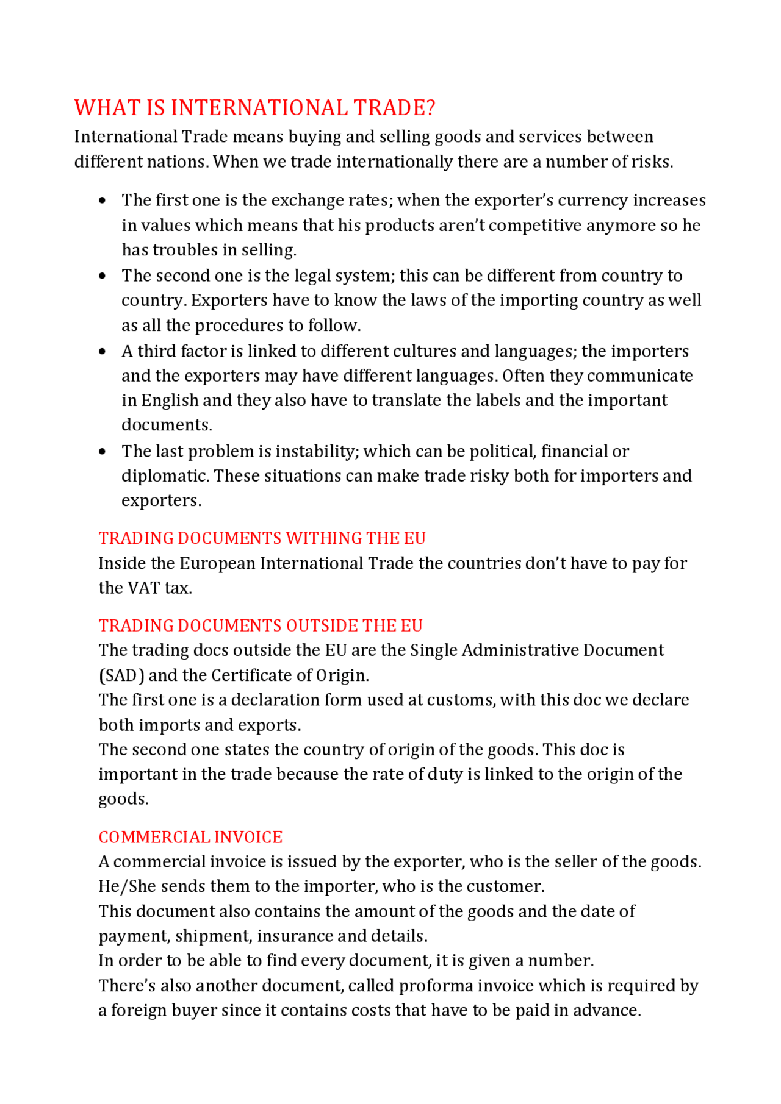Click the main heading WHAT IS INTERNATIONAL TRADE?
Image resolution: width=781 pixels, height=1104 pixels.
(254, 108)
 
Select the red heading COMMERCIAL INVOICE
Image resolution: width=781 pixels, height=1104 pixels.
(190, 837)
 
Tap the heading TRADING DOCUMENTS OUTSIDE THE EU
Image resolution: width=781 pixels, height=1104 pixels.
(261, 625)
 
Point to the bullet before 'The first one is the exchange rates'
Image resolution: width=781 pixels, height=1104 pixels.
(102, 201)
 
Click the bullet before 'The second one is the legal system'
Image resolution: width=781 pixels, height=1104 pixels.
(102, 276)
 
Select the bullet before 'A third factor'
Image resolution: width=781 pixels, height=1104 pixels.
(102, 352)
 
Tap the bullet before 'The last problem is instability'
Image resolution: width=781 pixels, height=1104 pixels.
(102, 452)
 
